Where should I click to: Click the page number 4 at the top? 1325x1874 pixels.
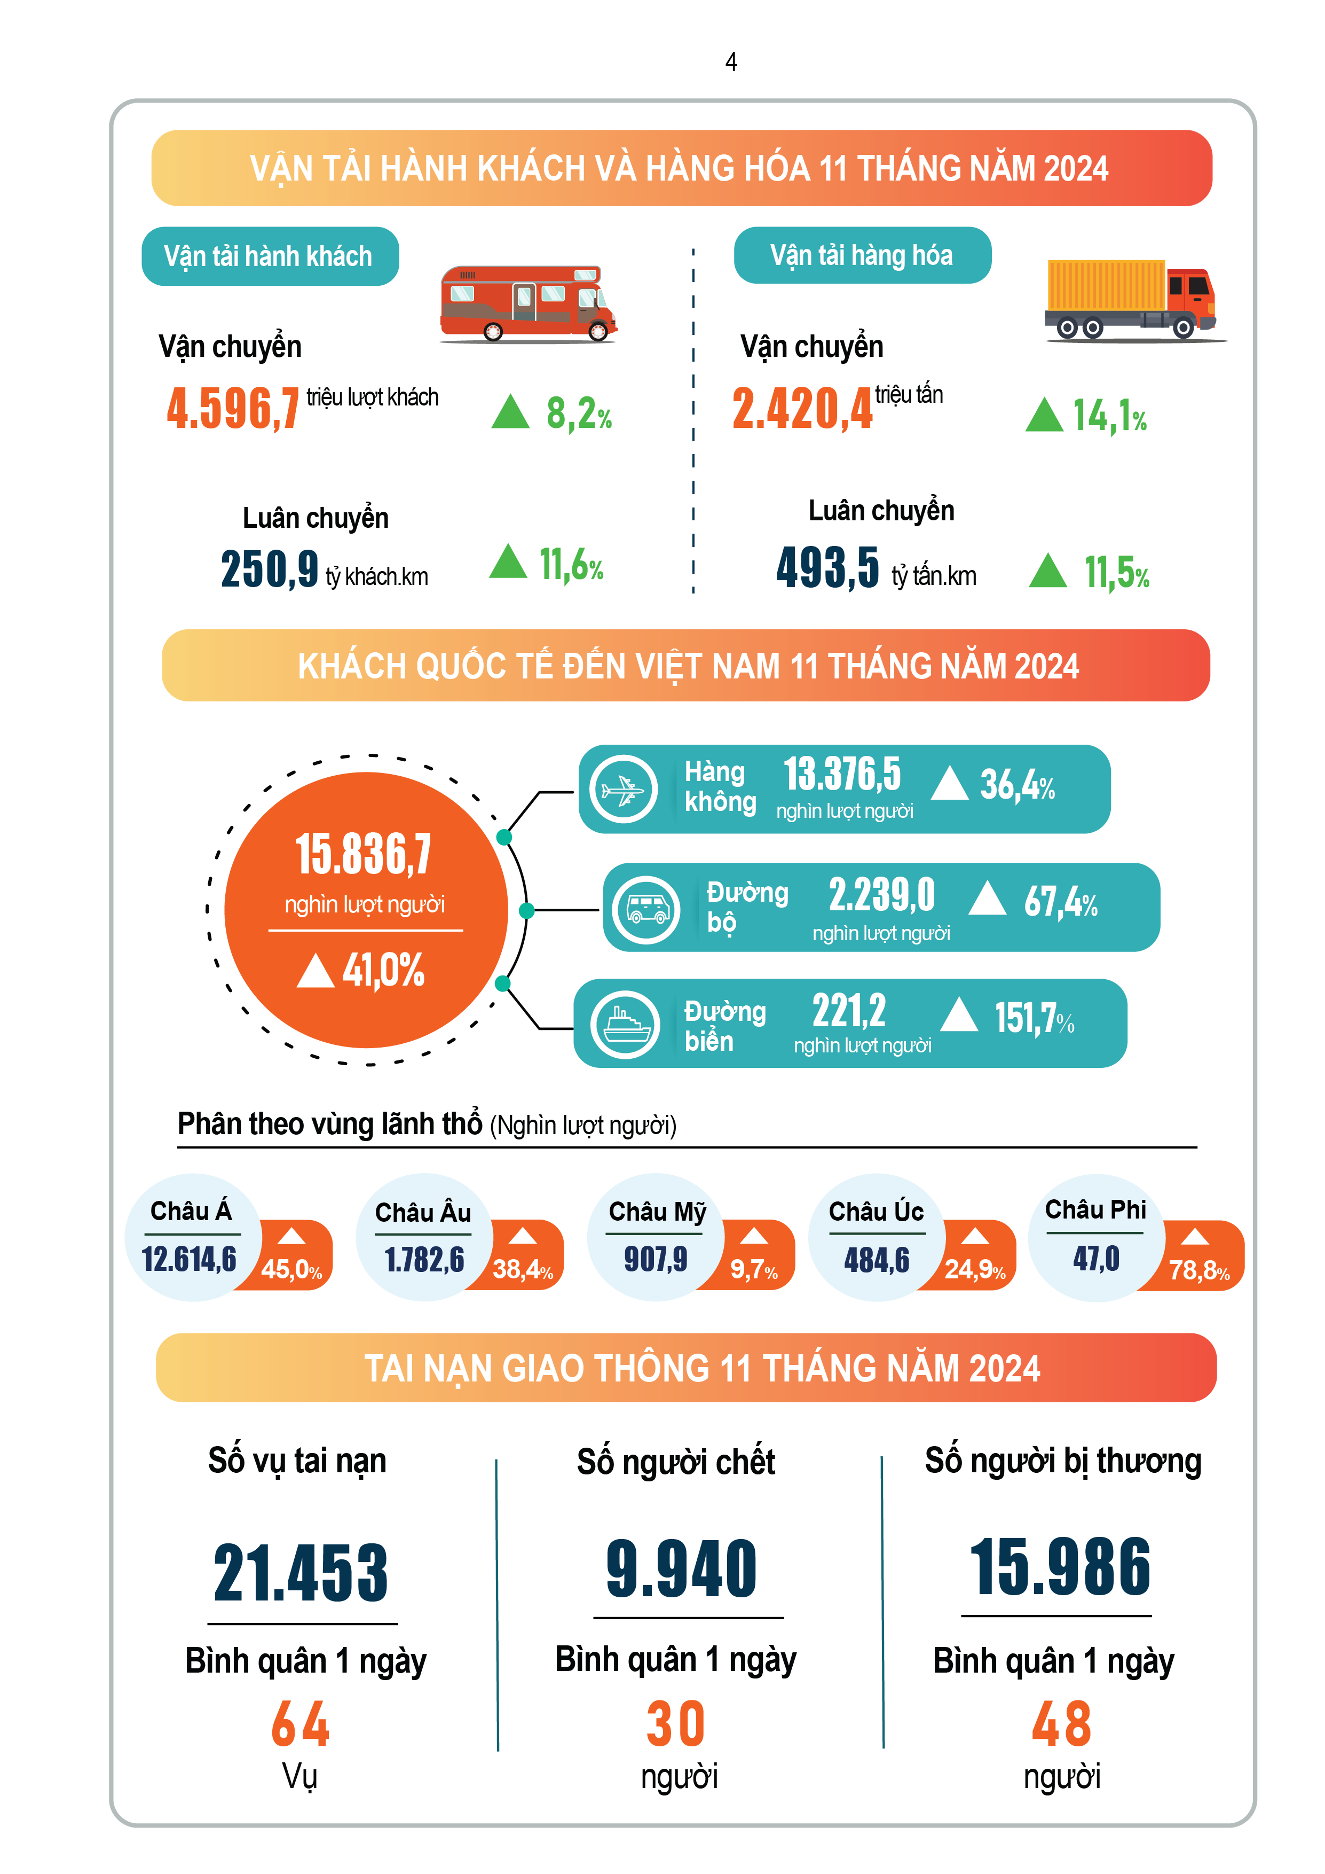pos(731,62)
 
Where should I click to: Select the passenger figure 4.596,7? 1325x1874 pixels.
pos(233,408)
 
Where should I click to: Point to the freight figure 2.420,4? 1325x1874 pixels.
pos(802,408)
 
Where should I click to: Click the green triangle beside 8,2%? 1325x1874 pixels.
pos(511,412)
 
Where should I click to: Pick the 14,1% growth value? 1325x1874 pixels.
pos(1110,416)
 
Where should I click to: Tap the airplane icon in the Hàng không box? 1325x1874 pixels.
pos(624,789)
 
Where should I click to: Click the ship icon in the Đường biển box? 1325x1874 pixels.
pos(626,1024)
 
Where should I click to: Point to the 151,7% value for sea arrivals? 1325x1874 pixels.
pos(1034,1019)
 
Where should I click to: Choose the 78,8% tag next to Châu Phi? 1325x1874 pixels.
pos(1198,1270)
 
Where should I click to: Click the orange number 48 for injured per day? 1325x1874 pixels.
pos(1061,1724)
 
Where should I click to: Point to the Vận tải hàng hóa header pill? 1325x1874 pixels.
pos(862,255)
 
